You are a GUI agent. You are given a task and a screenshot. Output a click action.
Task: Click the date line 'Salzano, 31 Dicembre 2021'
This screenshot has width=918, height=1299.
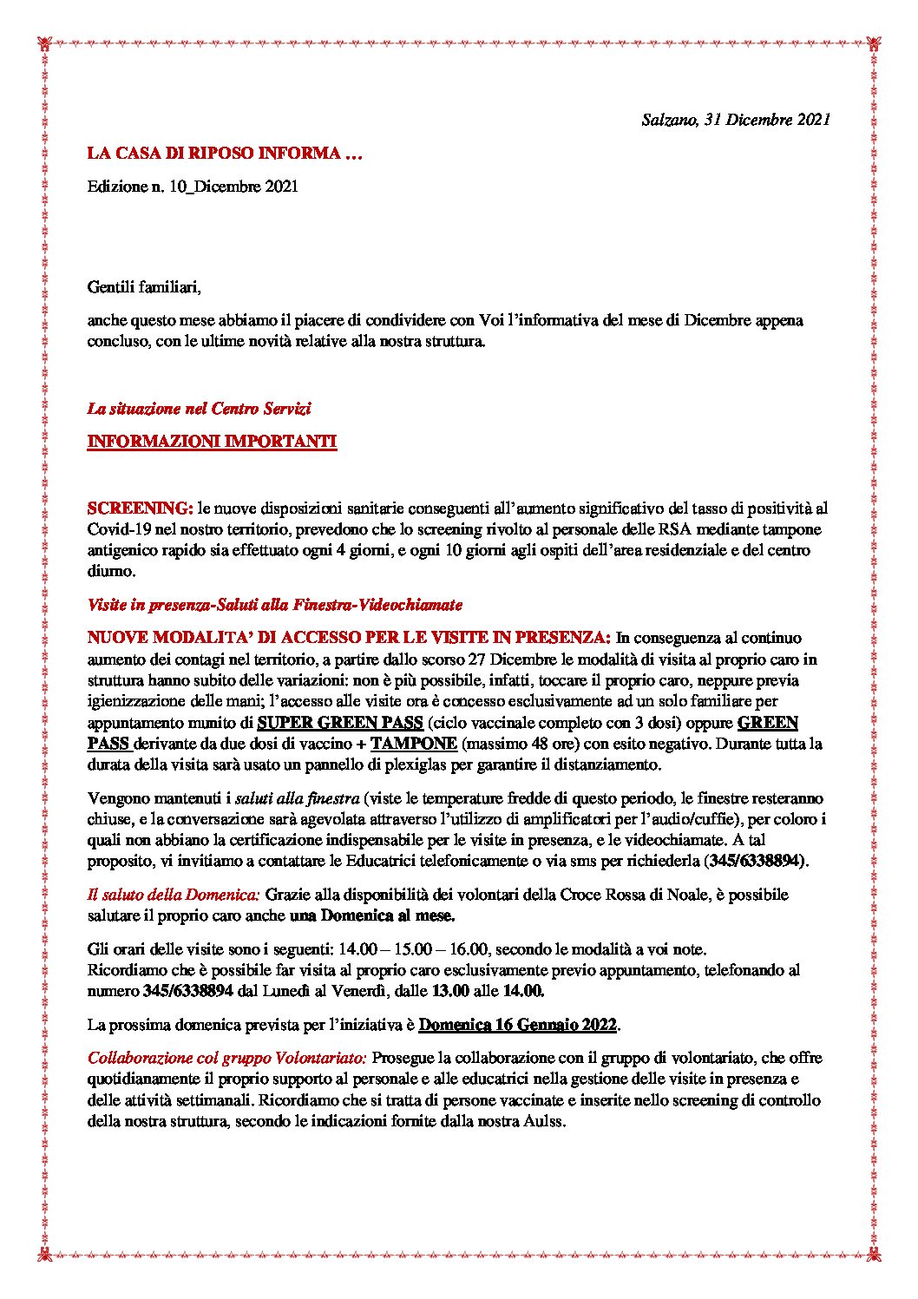click(x=736, y=120)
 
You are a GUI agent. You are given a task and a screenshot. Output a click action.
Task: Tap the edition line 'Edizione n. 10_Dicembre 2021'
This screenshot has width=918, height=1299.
click(x=193, y=187)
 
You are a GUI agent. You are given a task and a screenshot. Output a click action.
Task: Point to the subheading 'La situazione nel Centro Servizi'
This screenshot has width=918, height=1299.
click(x=199, y=408)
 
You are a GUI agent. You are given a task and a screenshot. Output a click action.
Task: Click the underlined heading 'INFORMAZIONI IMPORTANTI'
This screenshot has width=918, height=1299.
click(x=212, y=442)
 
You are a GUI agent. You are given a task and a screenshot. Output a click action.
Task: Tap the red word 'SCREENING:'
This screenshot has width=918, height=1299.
click(x=140, y=508)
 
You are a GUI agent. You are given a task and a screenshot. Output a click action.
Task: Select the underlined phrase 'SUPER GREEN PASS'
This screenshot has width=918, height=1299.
click(x=340, y=723)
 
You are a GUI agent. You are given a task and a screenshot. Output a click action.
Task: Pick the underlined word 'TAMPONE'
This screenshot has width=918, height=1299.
click(x=413, y=744)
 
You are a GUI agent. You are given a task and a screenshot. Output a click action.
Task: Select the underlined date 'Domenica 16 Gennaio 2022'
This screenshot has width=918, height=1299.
click(x=517, y=1025)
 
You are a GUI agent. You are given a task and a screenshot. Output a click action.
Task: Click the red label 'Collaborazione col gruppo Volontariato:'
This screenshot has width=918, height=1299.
click(x=228, y=1058)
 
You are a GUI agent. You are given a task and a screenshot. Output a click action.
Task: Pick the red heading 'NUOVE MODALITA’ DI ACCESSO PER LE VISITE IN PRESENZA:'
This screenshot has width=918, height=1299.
click(x=349, y=638)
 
